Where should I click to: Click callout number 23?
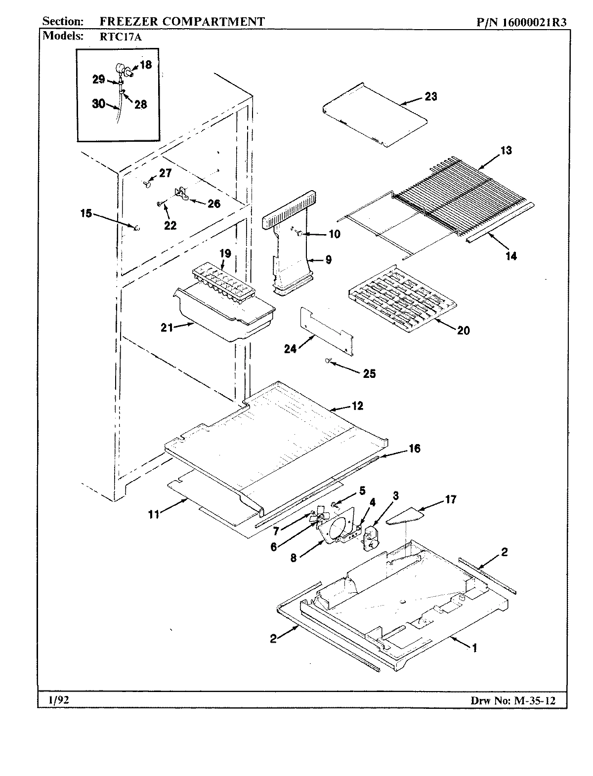click(431, 96)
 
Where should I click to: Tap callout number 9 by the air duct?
click(329, 259)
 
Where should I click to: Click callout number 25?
click(369, 373)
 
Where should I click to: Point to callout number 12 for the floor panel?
click(357, 406)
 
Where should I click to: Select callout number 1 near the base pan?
click(475, 648)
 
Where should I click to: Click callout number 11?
click(154, 514)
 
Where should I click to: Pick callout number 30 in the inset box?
click(98, 104)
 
